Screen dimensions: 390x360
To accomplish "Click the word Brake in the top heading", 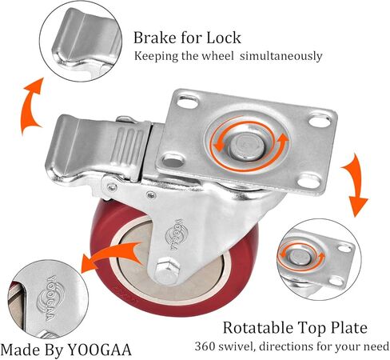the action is click(154, 38).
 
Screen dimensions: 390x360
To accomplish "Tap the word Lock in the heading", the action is click(224, 38).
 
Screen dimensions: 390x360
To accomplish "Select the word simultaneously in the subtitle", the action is click(281, 56).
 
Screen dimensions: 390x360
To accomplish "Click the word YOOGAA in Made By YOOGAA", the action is click(100, 350).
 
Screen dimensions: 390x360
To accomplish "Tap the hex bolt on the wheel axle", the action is click(166, 270).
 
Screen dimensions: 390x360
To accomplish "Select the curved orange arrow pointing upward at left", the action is click(30, 106).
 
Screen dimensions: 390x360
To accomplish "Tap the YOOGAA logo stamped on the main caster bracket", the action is click(177, 234).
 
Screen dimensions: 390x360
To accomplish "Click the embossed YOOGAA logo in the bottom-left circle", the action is click(50, 298).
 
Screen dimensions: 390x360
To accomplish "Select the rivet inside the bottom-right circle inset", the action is click(300, 257).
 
